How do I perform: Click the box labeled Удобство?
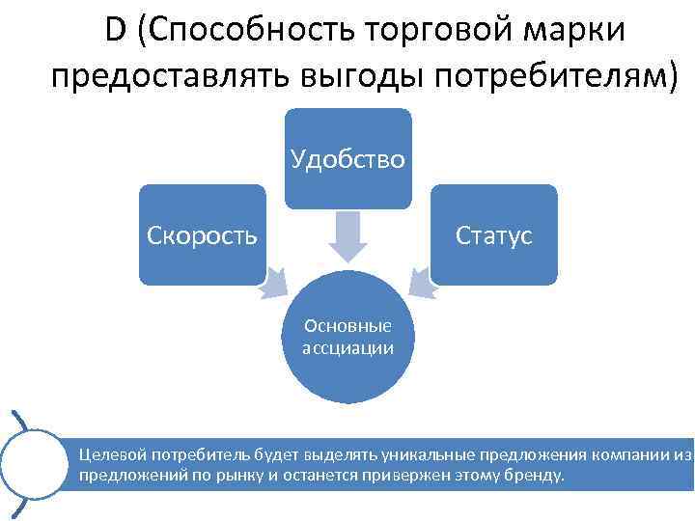tap(347, 157)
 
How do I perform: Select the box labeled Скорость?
tap(202, 234)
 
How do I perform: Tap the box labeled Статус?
tap(494, 234)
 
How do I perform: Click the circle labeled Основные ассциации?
tap(347, 338)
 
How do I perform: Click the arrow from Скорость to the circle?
tap(274, 282)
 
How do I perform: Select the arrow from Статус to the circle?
tap(420, 282)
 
